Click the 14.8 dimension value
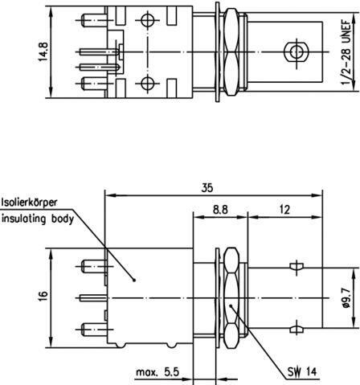43,51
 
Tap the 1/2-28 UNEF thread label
346,52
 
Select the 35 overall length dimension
207,188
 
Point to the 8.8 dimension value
220,210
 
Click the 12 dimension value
284,210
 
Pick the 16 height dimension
43,297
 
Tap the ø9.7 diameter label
346,297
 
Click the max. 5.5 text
157,372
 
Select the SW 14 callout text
302,371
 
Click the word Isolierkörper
30,203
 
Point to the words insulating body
38,219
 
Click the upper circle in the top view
147,20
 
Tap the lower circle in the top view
147,83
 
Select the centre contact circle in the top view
297,51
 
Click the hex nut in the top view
231,52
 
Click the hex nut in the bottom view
231,297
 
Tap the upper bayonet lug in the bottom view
297,267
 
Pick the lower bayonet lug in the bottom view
297,329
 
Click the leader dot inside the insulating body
134,281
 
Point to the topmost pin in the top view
95,20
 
